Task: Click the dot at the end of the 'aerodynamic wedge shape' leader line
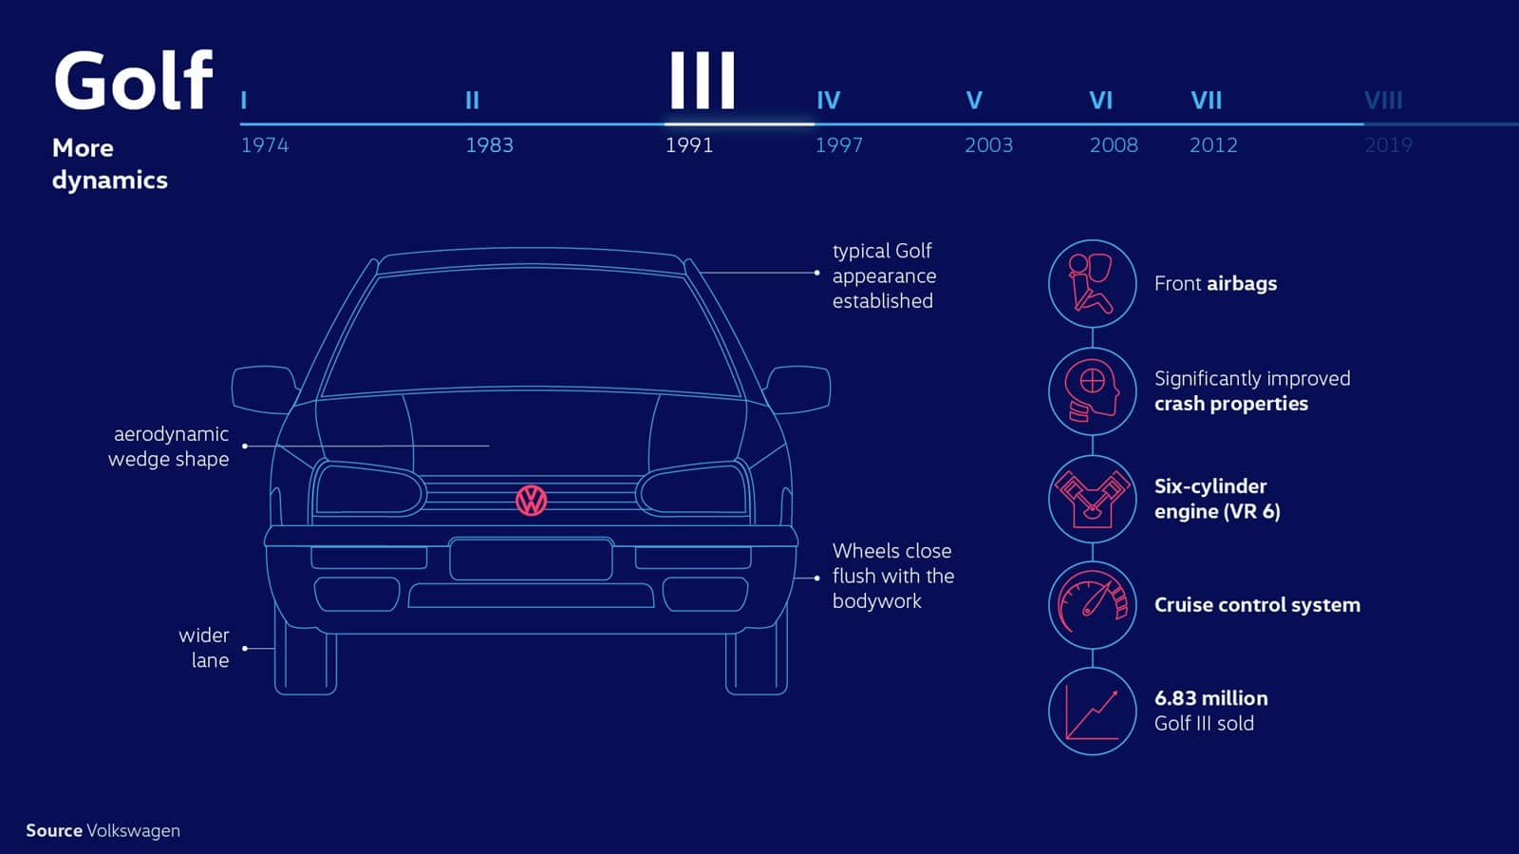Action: (x=245, y=446)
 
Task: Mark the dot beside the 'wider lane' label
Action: (x=245, y=649)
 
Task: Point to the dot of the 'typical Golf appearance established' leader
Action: (x=816, y=273)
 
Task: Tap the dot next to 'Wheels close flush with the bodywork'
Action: (x=816, y=578)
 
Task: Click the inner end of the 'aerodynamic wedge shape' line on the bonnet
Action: (x=489, y=446)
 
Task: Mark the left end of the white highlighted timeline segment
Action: (x=666, y=124)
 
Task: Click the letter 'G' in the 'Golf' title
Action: (x=81, y=81)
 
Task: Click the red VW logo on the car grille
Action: (x=531, y=501)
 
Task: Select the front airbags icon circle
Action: (x=1092, y=283)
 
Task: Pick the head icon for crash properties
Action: (x=1092, y=390)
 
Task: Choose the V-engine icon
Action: (x=1092, y=499)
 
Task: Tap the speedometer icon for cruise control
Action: (x=1092, y=604)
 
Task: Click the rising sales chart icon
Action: (x=1092, y=711)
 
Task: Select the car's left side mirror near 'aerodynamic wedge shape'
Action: (x=265, y=389)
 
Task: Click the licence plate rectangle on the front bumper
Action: (x=531, y=559)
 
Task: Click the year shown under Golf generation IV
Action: (x=839, y=145)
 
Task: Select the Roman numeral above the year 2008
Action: (x=1100, y=101)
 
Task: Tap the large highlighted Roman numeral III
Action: (x=702, y=80)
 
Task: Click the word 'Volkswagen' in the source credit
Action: (x=134, y=831)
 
